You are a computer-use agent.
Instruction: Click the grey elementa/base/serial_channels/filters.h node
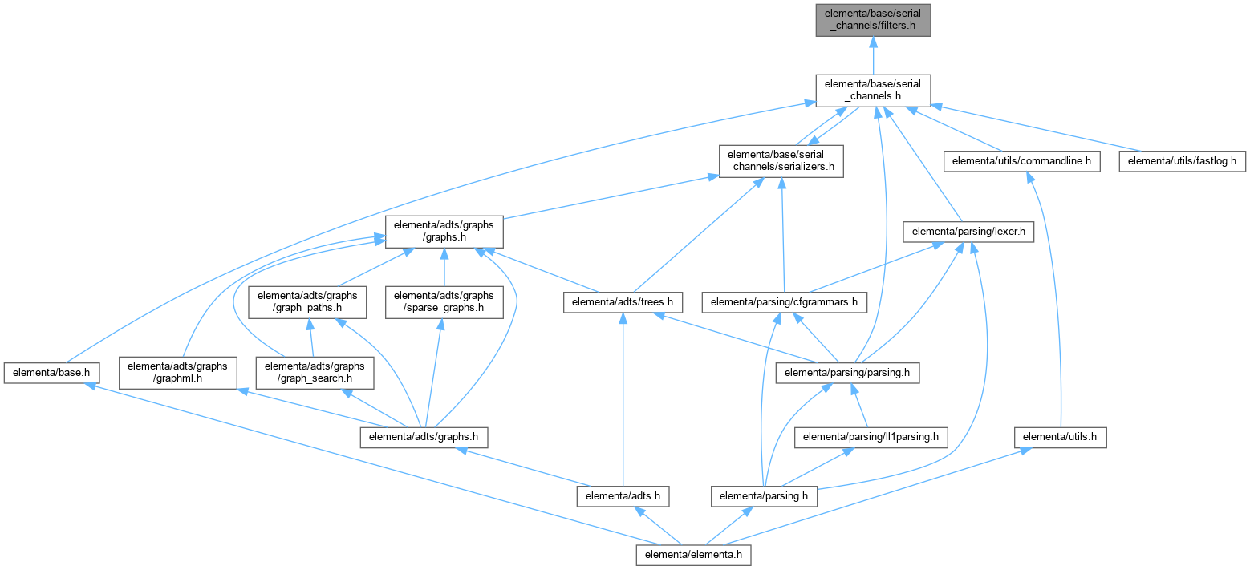pos(873,20)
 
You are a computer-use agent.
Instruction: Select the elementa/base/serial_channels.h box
pos(873,90)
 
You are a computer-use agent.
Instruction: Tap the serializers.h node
pos(781,161)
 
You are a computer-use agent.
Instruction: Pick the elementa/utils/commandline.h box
pos(1021,161)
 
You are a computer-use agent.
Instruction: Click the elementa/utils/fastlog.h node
pos(1183,161)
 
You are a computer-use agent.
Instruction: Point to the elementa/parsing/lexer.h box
pos(968,232)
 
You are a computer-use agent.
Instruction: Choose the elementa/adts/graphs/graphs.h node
pos(444,232)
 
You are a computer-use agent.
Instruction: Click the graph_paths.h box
pos(308,301)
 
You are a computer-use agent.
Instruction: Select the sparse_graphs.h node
pos(444,301)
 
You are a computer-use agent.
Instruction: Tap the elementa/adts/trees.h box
pos(623,302)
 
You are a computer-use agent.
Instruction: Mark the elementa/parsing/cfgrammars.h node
pos(785,302)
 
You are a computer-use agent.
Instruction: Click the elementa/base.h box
pos(51,372)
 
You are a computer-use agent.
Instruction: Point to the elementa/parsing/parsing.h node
pos(847,372)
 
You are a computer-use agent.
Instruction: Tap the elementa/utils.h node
pos(1060,437)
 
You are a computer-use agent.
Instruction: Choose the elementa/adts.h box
pos(623,496)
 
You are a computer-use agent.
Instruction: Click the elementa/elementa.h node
pos(694,554)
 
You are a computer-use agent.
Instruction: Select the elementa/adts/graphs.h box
pos(424,437)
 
